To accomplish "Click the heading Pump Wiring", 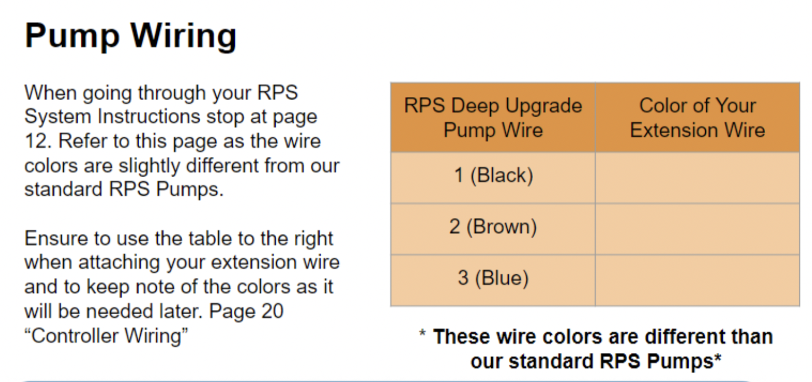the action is pos(130,36).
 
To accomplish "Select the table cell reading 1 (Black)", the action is pos(493,177).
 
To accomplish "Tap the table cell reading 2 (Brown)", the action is pos(493,229).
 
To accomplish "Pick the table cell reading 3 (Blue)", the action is pos(493,280).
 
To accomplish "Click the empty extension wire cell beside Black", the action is pos(698,177).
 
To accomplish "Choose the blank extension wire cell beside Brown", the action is pos(698,229).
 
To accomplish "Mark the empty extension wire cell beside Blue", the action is pos(698,280).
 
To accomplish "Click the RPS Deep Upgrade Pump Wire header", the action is pos(493,118).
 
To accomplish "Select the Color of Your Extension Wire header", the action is pos(698,118).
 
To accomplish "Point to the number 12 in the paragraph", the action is pos(37,141).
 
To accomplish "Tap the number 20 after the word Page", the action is pos(272,311).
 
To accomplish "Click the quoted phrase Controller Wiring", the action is pos(106,336).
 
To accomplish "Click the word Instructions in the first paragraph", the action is pos(149,117).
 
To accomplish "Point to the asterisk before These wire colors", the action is pos(423,332).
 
